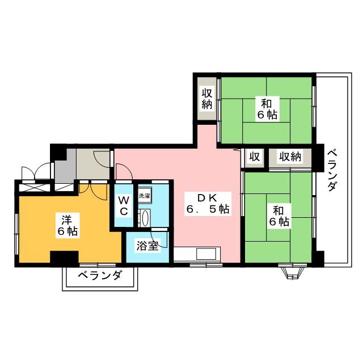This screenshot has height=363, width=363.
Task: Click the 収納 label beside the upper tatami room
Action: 206,98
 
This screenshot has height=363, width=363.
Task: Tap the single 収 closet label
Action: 255,157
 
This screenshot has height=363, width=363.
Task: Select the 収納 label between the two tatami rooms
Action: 289,157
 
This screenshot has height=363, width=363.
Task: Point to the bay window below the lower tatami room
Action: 290,273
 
